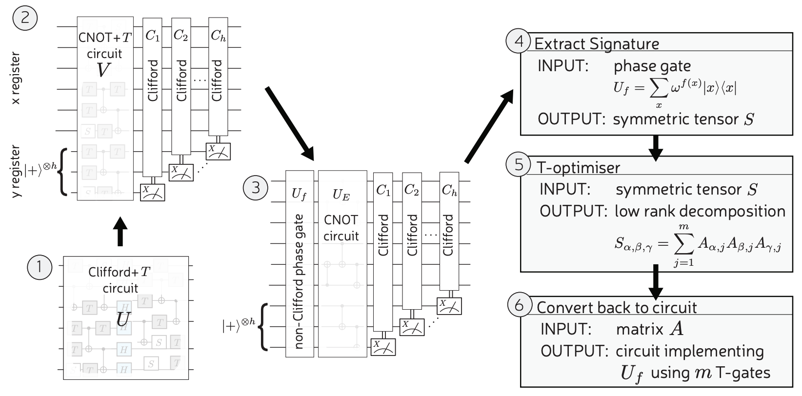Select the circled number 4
(x=520, y=42)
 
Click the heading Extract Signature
(x=597, y=44)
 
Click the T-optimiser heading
(x=579, y=167)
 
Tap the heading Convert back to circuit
(x=617, y=307)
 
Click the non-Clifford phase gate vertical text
(x=299, y=281)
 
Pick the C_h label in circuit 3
(x=449, y=191)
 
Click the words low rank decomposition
(x=700, y=211)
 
